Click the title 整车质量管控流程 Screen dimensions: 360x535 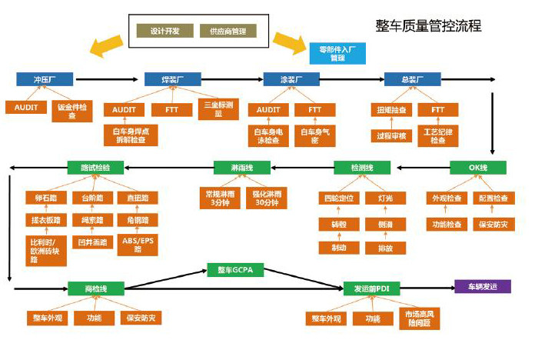[428, 25]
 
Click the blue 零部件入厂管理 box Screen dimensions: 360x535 [337, 52]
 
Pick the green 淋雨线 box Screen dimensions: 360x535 [241, 167]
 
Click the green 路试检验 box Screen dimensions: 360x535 [95, 167]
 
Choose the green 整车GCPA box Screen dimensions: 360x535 [235, 270]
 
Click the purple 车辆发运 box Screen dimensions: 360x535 [482, 287]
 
